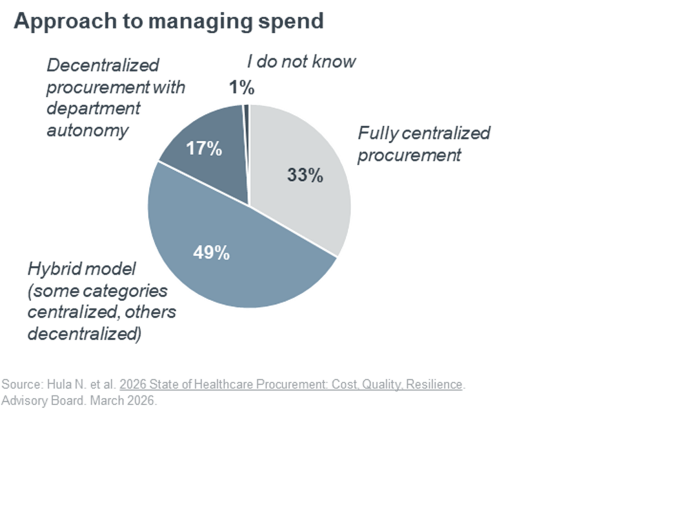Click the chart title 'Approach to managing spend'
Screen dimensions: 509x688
[x=168, y=21]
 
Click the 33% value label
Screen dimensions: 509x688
[x=305, y=175]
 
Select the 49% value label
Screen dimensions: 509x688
[x=211, y=252]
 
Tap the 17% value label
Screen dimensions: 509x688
[x=204, y=149]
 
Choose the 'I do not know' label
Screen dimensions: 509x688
[x=301, y=62]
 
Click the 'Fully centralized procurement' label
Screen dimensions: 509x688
[x=424, y=144]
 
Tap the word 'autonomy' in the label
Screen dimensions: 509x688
[x=88, y=130]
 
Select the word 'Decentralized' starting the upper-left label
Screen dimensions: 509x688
[x=103, y=66]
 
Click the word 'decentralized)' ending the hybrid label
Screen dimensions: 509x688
[x=84, y=334]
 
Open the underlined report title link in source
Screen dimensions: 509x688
[x=291, y=384]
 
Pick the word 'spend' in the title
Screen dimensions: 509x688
[x=295, y=21]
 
